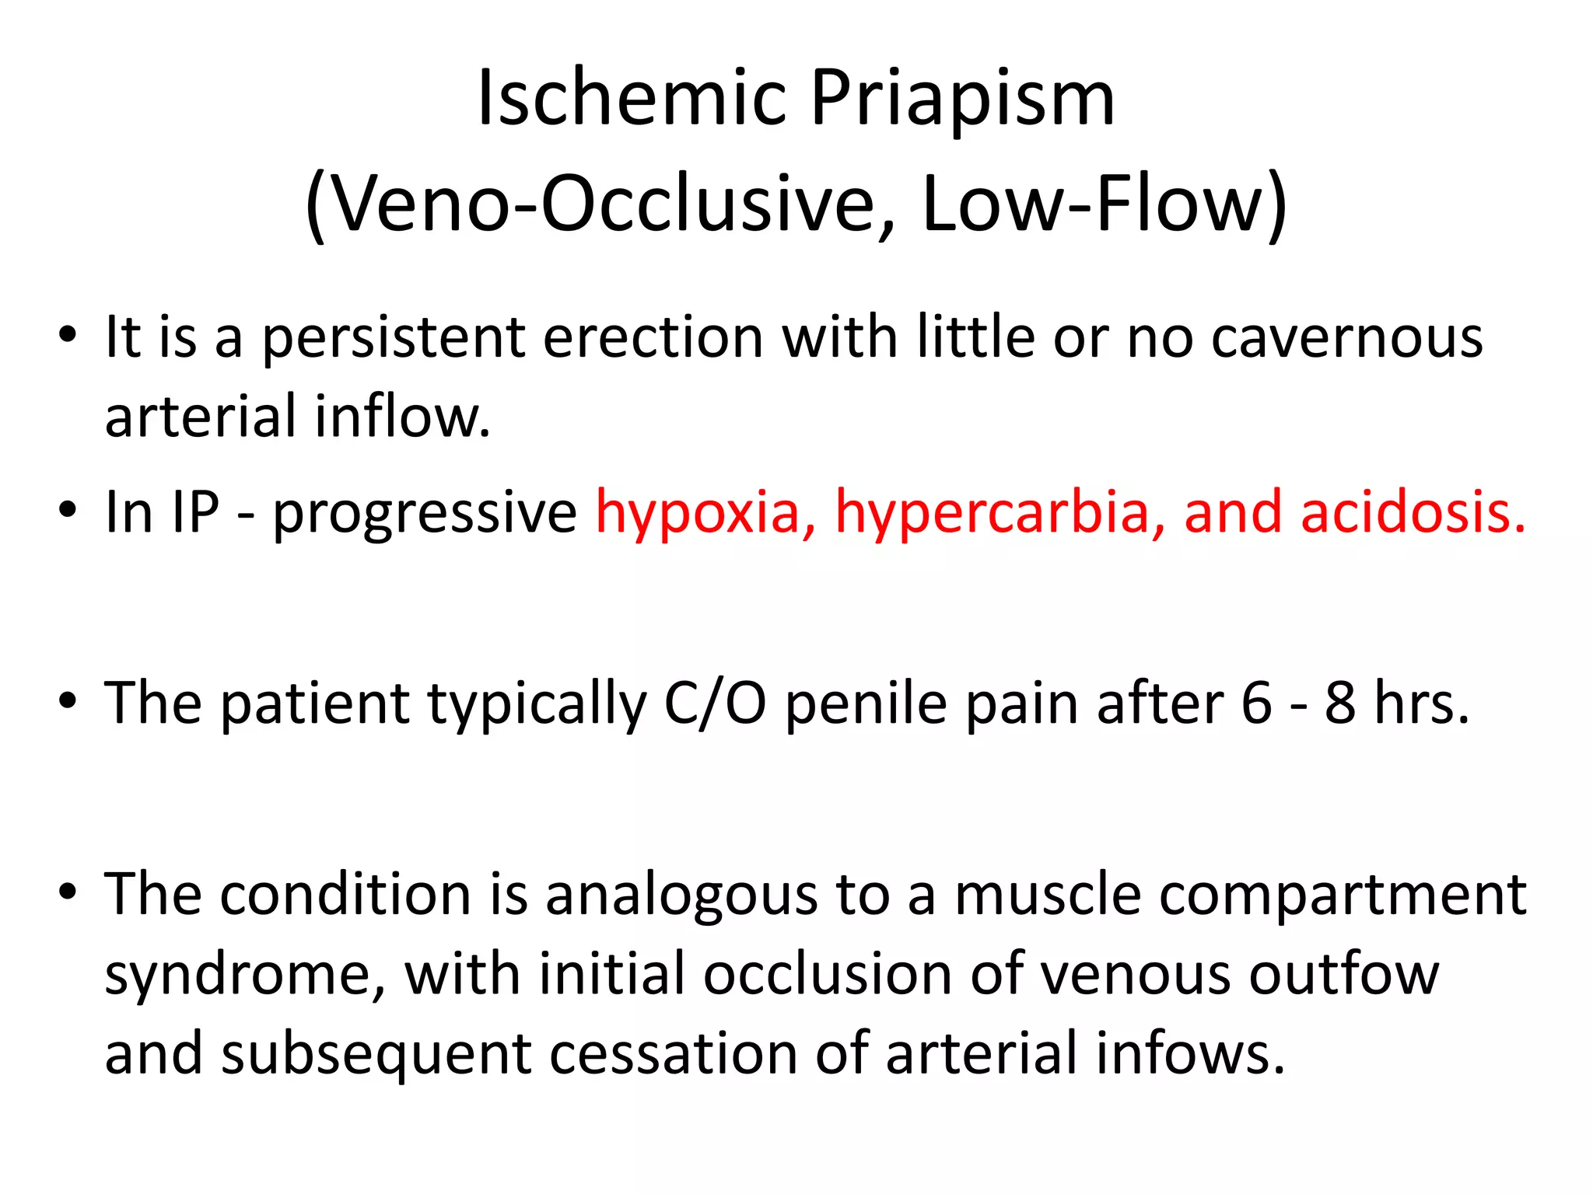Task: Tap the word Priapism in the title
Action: click(963, 99)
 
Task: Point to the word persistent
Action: click(393, 339)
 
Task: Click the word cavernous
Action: click(1347, 339)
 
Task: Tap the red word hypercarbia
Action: click(999, 513)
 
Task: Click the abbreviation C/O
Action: click(715, 703)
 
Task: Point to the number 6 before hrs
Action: click(1256, 703)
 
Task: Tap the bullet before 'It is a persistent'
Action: click(68, 336)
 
